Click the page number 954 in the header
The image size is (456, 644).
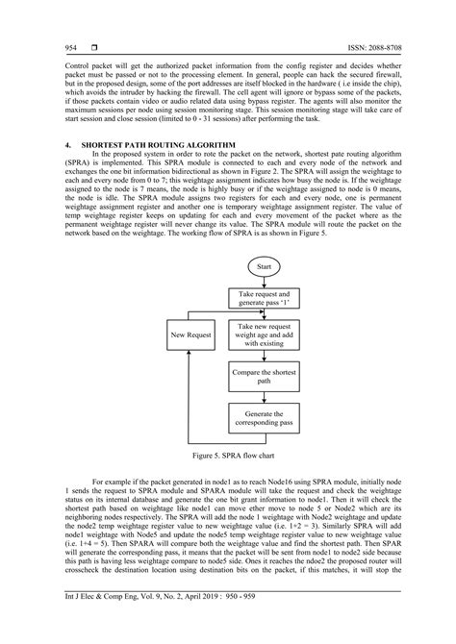pos(43,47)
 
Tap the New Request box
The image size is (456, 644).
pos(191,336)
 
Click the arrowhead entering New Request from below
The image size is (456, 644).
pos(191,353)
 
